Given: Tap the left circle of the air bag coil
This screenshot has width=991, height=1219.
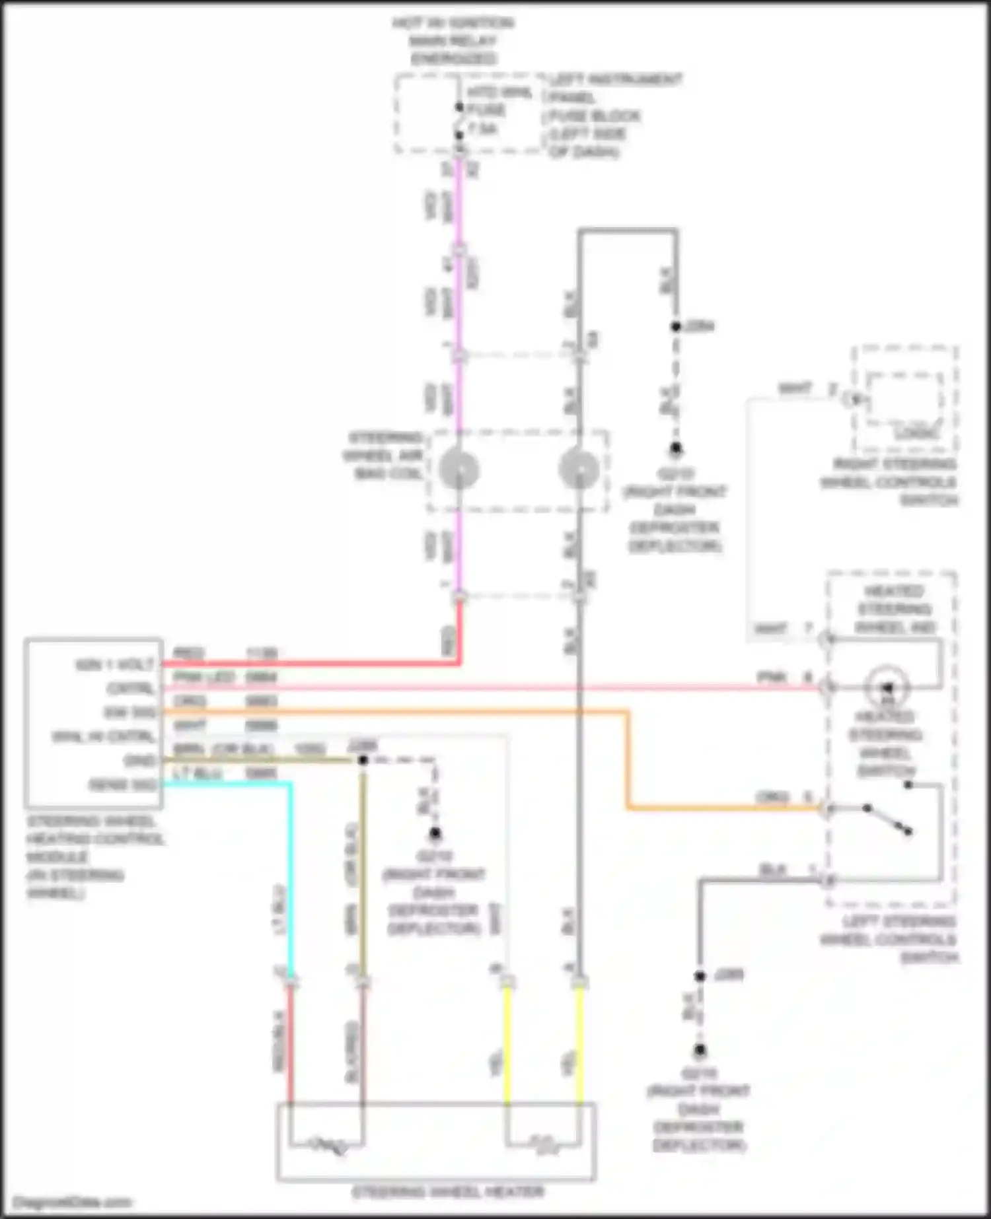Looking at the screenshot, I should click(x=459, y=470).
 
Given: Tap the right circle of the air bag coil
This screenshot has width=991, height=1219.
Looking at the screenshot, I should click(x=579, y=470).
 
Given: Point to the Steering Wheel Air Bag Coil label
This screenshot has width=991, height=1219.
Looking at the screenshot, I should click(x=385, y=456).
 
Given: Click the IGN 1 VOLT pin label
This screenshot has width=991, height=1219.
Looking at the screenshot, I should click(x=115, y=664).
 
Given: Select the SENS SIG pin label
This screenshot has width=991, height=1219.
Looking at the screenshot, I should click(x=123, y=785).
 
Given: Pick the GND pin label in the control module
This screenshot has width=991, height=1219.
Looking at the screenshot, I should click(x=139, y=761).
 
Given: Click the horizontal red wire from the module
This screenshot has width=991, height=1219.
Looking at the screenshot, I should click(x=311, y=663).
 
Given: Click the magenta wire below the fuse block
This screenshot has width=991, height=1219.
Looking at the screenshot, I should click(x=459, y=211).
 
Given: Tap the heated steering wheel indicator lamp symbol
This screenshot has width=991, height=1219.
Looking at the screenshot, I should click(x=887, y=687).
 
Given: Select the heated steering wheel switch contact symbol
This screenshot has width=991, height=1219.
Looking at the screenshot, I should click(x=887, y=819).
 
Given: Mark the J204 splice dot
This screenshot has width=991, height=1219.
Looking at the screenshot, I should click(x=676, y=326).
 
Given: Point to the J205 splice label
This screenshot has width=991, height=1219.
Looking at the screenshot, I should click(x=728, y=975).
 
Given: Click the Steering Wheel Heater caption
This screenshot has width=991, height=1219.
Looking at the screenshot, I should click(x=448, y=1192).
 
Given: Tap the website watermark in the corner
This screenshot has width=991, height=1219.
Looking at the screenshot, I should click(x=72, y=1202).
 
